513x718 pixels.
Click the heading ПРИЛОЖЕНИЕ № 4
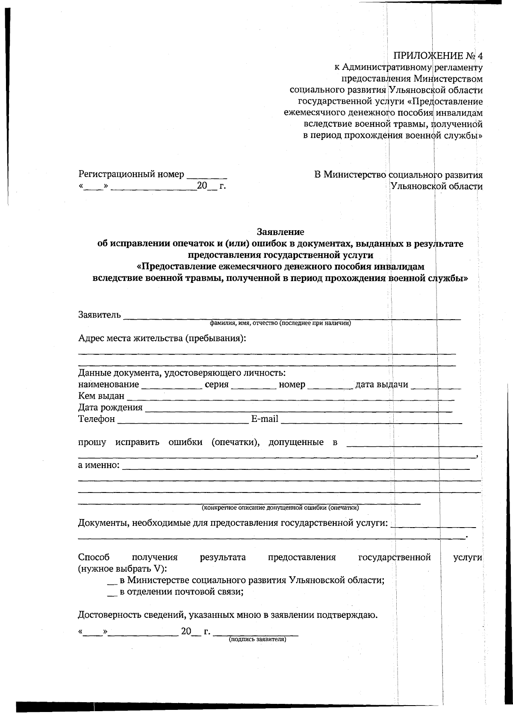(438, 56)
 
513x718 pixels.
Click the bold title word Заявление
(280, 232)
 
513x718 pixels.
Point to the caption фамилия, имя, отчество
(280, 323)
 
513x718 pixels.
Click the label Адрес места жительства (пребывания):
(162, 338)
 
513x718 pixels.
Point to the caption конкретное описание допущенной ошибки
(280, 508)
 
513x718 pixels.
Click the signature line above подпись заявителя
(256, 633)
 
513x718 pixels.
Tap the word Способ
(94, 558)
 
